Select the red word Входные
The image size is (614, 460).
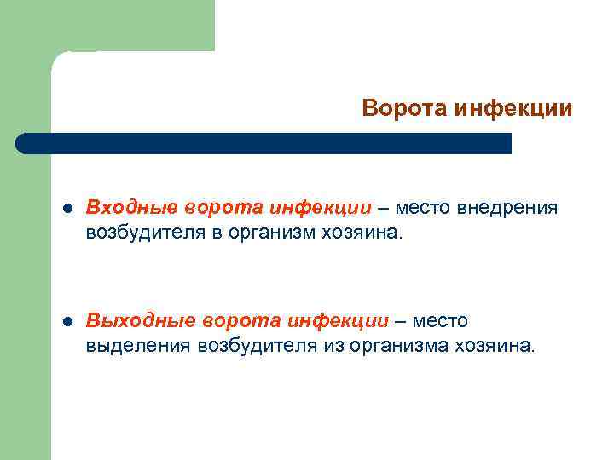[x=131, y=208]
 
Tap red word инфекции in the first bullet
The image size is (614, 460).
[x=321, y=208]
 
